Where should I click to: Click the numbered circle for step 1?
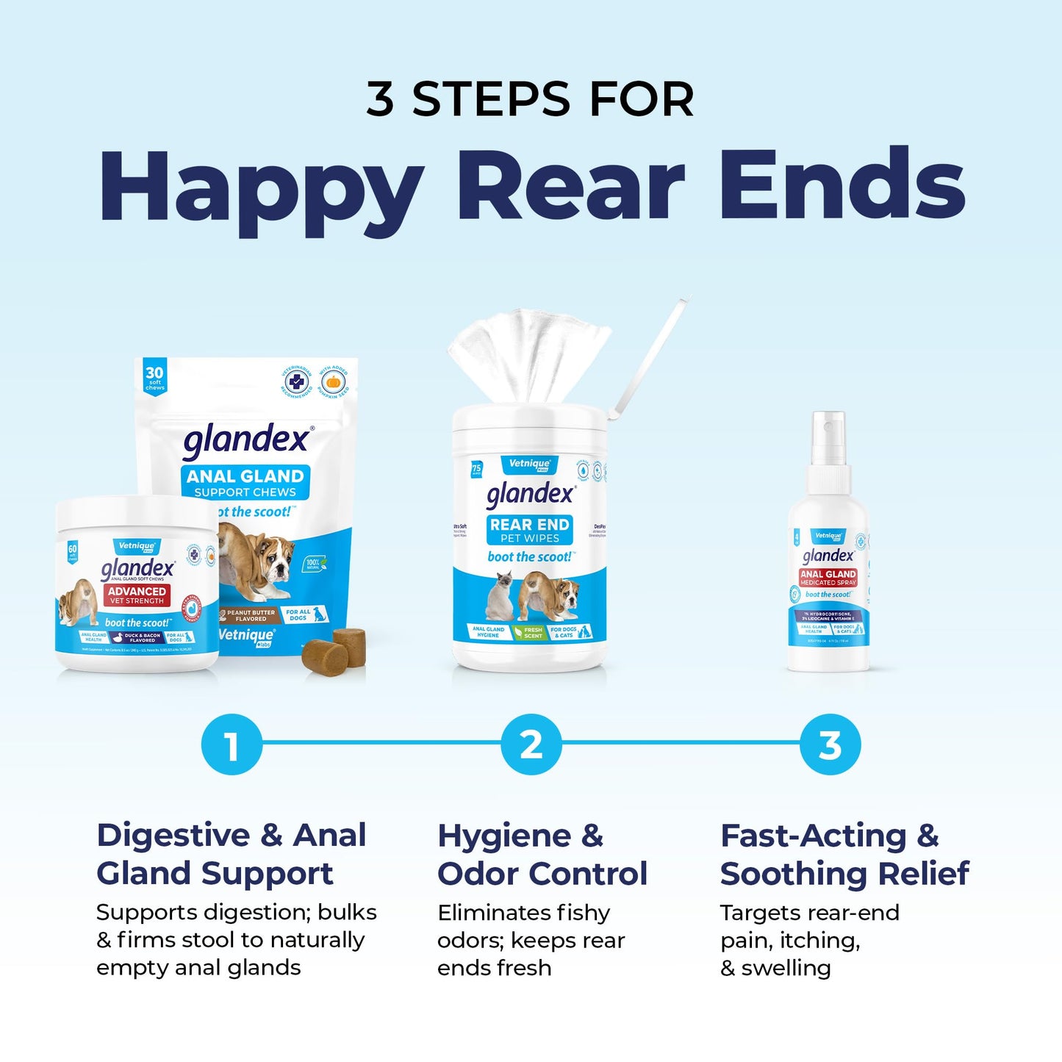point(232,745)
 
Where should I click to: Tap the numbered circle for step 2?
point(531,745)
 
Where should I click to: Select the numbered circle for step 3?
point(830,745)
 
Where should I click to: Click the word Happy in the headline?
point(261,187)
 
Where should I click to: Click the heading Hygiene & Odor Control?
point(542,854)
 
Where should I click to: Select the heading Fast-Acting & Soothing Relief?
point(844,854)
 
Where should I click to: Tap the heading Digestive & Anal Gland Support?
point(232,854)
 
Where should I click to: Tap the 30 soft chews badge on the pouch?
point(154,377)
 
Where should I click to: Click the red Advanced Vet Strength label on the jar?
point(137,595)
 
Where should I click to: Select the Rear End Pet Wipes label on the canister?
point(530,530)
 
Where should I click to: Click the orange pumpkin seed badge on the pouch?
point(334,382)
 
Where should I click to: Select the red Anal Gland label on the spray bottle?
point(828,578)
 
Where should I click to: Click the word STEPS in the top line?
point(491,99)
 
